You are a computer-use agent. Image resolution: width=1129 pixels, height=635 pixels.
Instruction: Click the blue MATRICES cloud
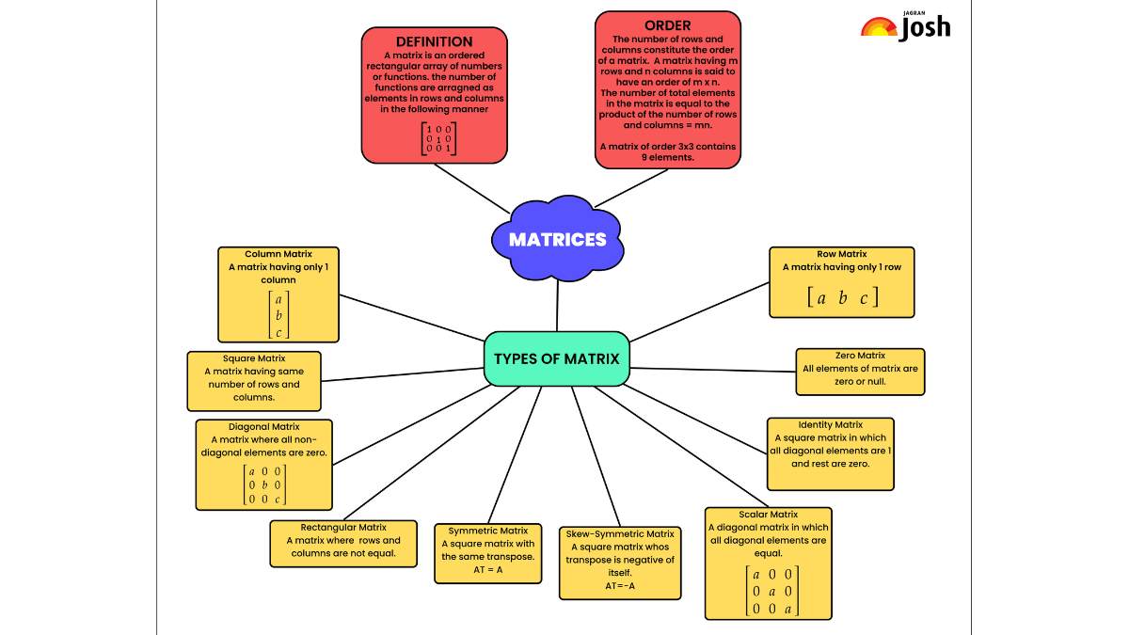click(x=557, y=238)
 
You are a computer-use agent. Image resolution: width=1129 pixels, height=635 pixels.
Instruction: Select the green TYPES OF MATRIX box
click(x=556, y=358)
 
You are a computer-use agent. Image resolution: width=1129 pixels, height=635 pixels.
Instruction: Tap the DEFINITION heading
click(x=434, y=41)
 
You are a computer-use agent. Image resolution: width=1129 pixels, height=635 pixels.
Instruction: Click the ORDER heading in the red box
click(x=667, y=25)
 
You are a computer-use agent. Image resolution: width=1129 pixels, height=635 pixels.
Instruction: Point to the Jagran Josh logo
click(x=906, y=26)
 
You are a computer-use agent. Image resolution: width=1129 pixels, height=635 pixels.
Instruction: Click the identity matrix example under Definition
click(x=439, y=138)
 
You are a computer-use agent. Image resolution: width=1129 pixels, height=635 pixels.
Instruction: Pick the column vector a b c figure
click(x=278, y=315)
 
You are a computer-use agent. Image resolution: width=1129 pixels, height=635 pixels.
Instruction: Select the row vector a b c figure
click(x=842, y=297)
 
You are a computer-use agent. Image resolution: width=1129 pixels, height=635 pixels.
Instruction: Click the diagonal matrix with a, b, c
click(x=264, y=484)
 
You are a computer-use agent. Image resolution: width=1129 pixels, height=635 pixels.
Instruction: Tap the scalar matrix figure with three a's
click(x=772, y=591)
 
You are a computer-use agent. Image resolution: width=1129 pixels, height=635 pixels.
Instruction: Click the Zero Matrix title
click(x=860, y=356)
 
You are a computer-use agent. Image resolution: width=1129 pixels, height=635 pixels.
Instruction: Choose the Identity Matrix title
click(x=830, y=425)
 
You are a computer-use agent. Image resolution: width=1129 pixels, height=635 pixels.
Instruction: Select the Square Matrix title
click(x=254, y=358)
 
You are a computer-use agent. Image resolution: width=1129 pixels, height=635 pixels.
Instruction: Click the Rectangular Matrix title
click(x=343, y=527)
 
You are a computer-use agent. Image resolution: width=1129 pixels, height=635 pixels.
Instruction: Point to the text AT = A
click(x=488, y=569)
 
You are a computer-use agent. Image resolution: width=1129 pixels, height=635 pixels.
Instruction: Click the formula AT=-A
click(x=620, y=585)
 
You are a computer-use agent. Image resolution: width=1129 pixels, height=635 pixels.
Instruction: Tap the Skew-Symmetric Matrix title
click(x=620, y=533)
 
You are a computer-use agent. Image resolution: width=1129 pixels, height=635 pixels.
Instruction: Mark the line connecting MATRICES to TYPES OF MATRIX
click(x=557, y=306)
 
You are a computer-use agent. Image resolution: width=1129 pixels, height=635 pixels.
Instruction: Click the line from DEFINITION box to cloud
click(x=471, y=188)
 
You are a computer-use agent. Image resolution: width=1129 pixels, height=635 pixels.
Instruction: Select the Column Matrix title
click(x=278, y=254)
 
